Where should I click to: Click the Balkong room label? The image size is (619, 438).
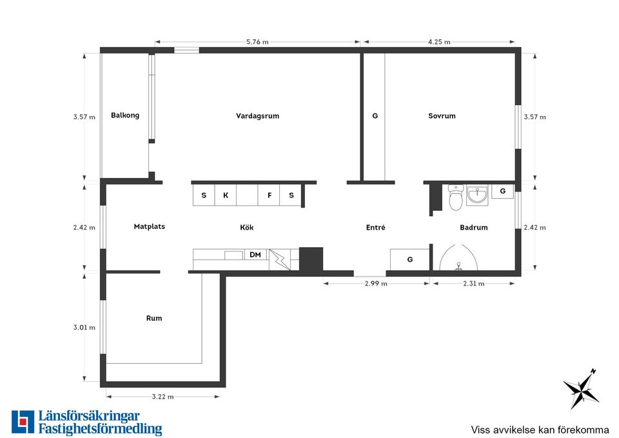point(124,115)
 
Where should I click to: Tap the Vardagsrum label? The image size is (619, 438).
point(257,115)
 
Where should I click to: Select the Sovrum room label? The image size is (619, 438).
point(442,115)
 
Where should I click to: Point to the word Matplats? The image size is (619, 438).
point(149,226)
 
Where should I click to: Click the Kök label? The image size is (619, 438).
point(247,227)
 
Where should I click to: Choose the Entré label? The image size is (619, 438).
point(375,227)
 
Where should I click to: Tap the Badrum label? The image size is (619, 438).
point(474,227)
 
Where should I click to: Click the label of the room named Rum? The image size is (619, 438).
point(154,318)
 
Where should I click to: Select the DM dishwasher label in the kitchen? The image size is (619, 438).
point(255,255)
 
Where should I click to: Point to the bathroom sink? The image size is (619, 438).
point(477,195)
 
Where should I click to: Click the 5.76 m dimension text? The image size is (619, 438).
point(257,42)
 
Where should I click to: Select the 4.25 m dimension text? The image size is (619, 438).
point(439,42)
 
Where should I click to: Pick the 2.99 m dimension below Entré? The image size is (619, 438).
point(376,284)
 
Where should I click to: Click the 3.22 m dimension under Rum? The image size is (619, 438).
point(162,397)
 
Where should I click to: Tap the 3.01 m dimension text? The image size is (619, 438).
point(84,328)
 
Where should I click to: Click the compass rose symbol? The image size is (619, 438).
point(582,388)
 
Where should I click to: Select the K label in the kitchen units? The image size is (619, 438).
point(226,195)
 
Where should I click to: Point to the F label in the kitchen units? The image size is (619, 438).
point(270,195)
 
